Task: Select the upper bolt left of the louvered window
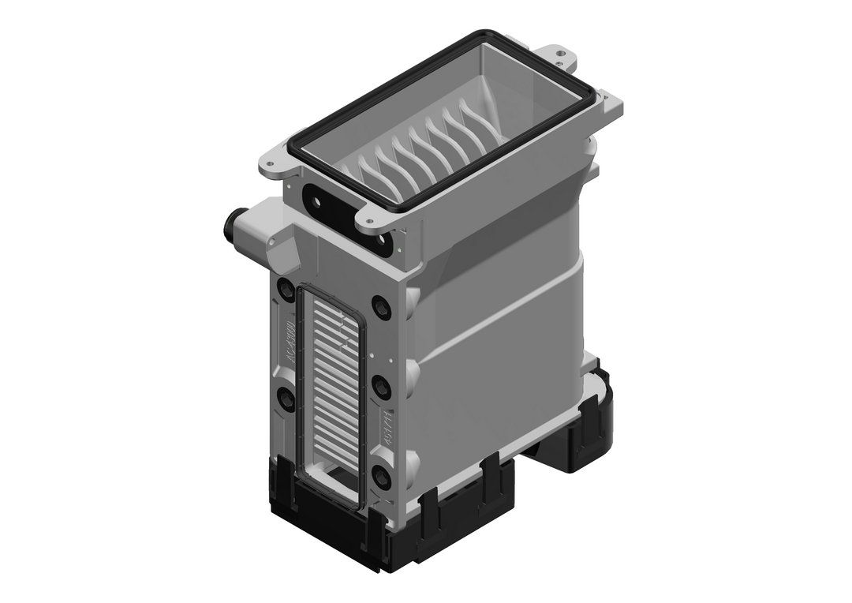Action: pyautogui.click(x=283, y=304)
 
